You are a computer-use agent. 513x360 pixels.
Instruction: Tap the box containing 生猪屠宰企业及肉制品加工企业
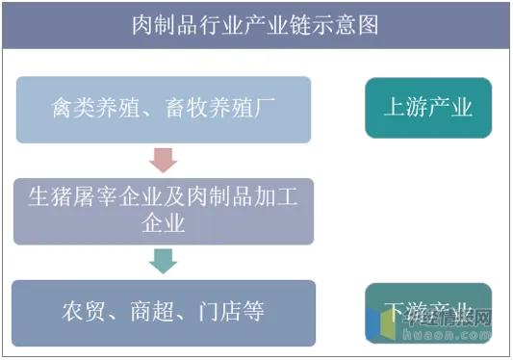(164, 211)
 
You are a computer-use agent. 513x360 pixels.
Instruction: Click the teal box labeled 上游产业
(428, 107)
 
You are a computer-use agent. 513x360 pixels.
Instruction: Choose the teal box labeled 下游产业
(428, 312)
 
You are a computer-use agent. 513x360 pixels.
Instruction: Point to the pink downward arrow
(164, 161)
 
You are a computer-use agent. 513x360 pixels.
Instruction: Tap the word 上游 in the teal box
(406, 107)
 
